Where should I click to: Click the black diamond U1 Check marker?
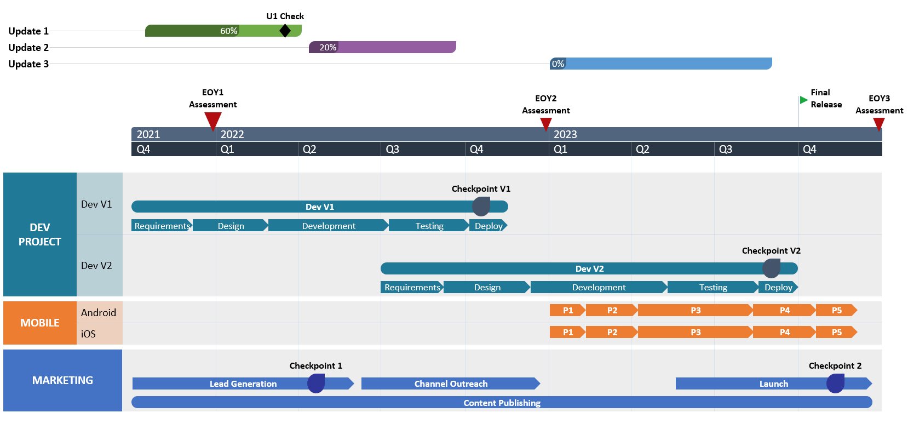285,31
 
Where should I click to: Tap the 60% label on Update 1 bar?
228,31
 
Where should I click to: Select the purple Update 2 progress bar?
394,48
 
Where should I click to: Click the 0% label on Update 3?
558,64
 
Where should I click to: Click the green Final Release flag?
803,100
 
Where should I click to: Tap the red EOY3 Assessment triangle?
878,124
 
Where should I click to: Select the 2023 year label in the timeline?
565,134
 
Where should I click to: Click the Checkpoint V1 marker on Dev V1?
481,207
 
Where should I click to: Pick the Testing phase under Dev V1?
429,226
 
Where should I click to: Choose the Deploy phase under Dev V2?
778,287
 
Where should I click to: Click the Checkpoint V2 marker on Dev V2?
771,268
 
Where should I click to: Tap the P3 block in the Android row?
695,311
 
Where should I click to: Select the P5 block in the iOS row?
836,332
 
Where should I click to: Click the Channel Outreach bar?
450,383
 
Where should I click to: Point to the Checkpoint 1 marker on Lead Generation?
315,383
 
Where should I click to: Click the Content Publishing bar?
502,403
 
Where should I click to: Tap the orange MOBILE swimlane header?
40,323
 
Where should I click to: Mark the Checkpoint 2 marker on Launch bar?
835,383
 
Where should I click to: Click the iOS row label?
88,334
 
